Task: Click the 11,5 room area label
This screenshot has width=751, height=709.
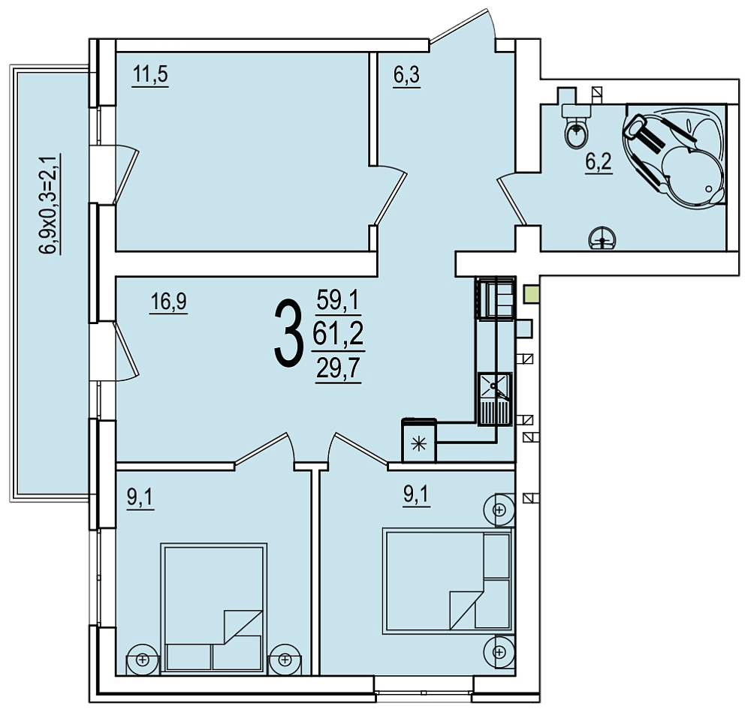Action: [150, 75]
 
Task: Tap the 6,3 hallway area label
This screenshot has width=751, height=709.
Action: [406, 75]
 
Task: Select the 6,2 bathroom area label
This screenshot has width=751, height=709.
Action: [599, 162]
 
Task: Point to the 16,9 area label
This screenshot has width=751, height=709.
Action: [168, 302]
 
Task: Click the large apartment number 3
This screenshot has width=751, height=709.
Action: [289, 335]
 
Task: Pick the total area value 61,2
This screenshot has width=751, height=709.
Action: [338, 333]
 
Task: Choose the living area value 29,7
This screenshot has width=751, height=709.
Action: [338, 369]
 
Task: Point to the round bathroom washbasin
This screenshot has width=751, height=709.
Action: [602, 239]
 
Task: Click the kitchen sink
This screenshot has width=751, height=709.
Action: [495, 398]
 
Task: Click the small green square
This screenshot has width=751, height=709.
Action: [532, 294]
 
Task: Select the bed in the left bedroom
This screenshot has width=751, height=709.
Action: [213, 608]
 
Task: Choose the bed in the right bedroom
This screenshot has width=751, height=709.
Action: [448, 580]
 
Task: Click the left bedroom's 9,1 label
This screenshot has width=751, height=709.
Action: [140, 498]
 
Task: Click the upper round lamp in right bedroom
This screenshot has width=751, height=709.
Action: [499, 510]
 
